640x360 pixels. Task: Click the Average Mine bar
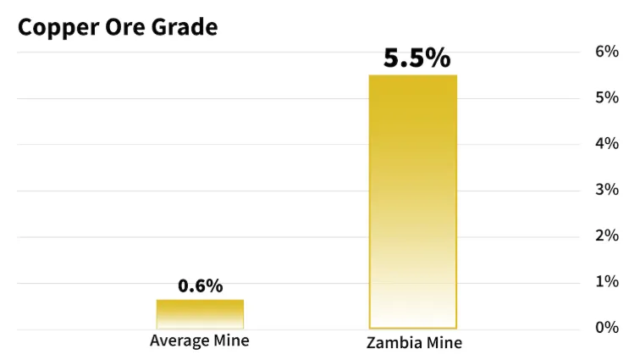pos(200,314)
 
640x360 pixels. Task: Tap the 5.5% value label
pos(417,58)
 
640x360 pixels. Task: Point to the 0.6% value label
pos(201,286)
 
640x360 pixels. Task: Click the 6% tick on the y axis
pos(607,52)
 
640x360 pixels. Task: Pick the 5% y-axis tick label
pos(607,97)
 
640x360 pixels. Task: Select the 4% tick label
pos(607,144)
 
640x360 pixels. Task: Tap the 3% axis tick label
pos(607,190)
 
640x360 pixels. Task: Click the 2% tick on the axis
pos(607,235)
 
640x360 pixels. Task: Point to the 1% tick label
pos(607,281)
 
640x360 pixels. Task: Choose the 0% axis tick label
pos(607,328)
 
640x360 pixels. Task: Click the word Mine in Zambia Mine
pos(447,344)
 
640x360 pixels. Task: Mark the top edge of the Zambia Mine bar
pos(413,75)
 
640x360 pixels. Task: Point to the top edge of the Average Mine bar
pos(200,300)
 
